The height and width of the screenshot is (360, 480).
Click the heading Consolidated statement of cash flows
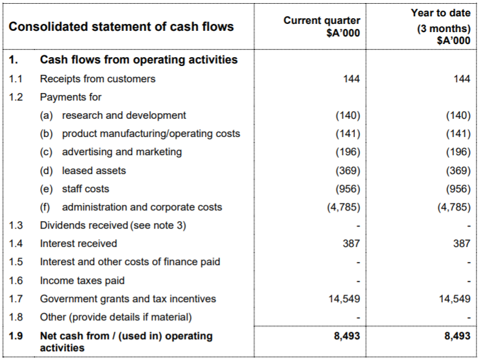pyautogui.click(x=121, y=26)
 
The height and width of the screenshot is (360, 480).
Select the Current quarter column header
pyautogui.click(x=322, y=26)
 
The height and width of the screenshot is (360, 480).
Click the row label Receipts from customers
pyautogui.click(x=97, y=79)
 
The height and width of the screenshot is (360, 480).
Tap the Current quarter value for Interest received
pyautogui.click(x=351, y=243)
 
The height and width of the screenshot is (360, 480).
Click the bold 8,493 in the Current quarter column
pyautogui.click(x=347, y=336)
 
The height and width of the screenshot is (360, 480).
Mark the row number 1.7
pyautogui.click(x=16, y=299)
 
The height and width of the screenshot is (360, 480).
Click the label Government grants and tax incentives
pyautogui.click(x=128, y=299)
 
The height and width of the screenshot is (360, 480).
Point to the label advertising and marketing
pyautogui.click(x=121, y=152)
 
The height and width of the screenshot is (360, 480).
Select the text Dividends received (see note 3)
pyautogui.click(x=113, y=225)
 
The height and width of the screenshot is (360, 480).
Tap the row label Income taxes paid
pyautogui.click(x=82, y=281)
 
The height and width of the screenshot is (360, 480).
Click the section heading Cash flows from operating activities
pyautogui.click(x=139, y=60)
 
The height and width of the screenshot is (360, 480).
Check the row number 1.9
pyautogui.click(x=16, y=336)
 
